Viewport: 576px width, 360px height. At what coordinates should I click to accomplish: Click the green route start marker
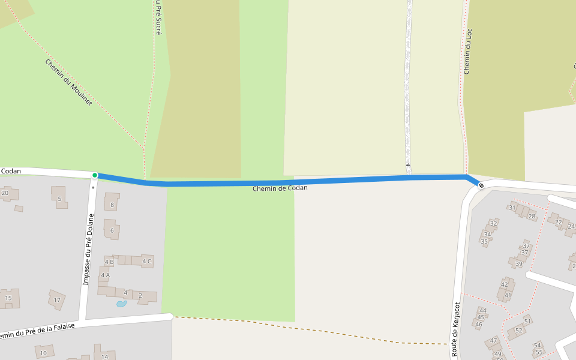click(95, 175)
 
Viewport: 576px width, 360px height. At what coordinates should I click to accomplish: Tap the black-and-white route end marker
click(481, 185)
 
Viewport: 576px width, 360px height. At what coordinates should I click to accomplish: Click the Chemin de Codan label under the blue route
click(280, 188)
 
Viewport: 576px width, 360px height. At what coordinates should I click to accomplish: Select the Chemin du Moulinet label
click(68, 83)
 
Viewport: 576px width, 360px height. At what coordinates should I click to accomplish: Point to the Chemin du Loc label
click(468, 52)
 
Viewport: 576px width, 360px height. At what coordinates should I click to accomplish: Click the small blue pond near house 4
click(121, 304)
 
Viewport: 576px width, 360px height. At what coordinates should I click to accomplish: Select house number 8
click(112, 205)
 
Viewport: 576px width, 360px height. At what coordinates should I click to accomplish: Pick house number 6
click(112, 230)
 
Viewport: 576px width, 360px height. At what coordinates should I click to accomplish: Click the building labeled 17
click(57, 299)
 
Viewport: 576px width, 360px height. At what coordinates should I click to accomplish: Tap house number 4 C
click(146, 261)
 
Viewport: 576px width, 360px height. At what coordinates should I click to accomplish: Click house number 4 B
click(109, 262)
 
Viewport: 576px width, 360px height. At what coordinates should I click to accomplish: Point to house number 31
click(512, 208)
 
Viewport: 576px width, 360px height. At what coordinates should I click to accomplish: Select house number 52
click(519, 330)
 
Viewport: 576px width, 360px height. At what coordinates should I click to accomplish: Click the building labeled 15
click(8, 298)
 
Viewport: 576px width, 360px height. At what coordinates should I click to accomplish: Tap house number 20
click(5, 193)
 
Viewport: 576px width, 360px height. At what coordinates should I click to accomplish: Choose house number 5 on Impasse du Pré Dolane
click(59, 199)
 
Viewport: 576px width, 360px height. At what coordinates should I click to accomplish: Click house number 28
click(532, 216)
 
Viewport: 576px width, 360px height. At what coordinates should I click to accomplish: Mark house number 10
click(43, 353)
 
